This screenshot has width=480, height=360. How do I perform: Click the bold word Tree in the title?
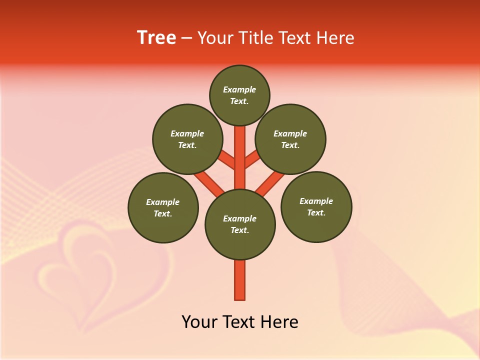coord(156,38)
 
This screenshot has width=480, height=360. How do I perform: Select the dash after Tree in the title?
coord(186,38)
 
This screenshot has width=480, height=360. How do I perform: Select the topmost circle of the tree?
coord(239,95)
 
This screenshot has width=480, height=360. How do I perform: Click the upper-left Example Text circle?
coord(187,139)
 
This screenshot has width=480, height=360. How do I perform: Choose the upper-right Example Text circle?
coord(290,139)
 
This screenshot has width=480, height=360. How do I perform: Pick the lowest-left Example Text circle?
coord(163,207)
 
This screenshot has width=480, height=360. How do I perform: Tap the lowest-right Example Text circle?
coord(316,206)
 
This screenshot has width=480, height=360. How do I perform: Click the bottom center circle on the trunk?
coord(240,224)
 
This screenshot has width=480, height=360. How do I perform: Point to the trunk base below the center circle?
coord(240,280)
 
